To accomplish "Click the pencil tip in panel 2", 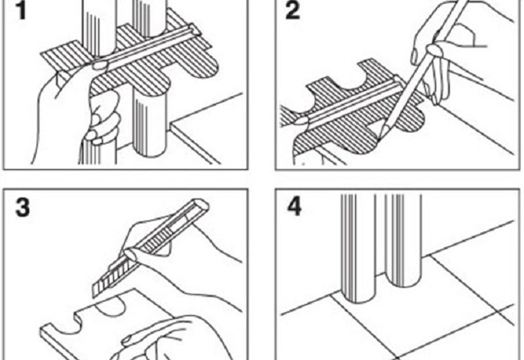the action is click(379, 137).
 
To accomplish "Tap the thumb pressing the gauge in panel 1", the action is click(100, 64).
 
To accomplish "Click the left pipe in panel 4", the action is click(358, 249).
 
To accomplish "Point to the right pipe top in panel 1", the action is click(149, 18).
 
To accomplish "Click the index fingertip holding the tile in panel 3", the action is click(127, 340).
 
